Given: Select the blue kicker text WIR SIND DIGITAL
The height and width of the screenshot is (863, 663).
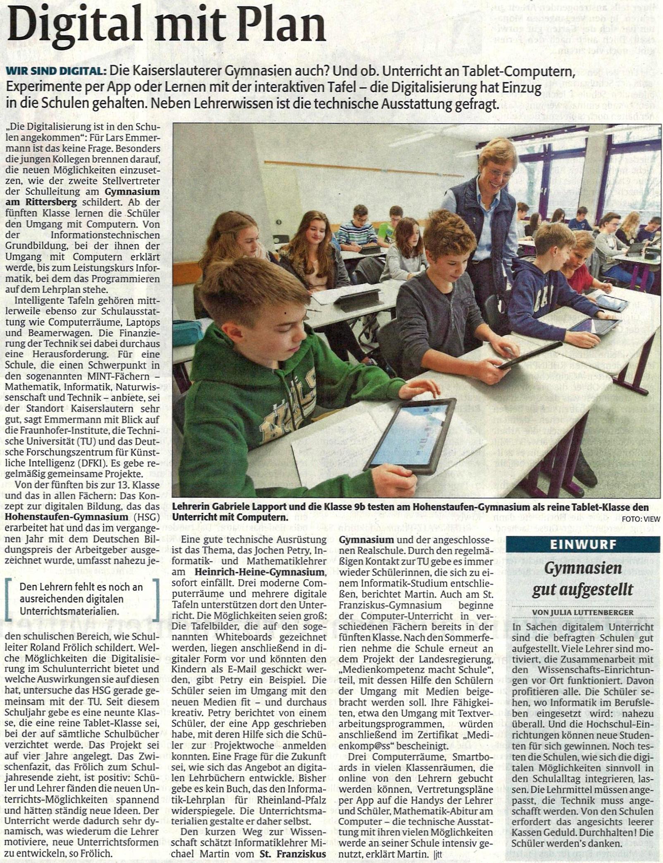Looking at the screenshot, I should [54, 71].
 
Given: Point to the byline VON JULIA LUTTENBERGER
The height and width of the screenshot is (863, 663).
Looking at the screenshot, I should [582, 612].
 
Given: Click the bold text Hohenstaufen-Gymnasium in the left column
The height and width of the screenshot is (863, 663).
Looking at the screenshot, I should [67, 517].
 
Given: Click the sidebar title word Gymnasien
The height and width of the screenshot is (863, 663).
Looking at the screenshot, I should [583, 568].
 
